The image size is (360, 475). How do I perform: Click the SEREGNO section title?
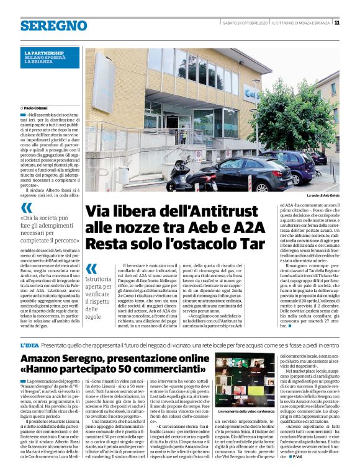53,25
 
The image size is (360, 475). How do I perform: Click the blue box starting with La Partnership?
52,58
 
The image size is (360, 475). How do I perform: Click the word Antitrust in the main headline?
218,211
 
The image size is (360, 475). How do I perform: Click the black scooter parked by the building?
184,176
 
